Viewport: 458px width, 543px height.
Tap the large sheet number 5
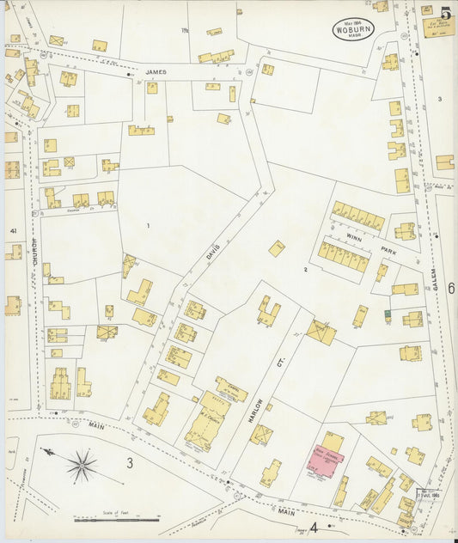pos(446,13)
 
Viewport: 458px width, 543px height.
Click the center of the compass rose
pos(82,467)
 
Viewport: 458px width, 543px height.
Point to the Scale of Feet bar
pos(117,520)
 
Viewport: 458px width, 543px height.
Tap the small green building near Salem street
pos(388,316)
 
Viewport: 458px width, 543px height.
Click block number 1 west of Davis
pos(149,226)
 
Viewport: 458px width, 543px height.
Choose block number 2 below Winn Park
pos(304,270)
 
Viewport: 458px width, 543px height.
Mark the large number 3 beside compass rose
pos(131,464)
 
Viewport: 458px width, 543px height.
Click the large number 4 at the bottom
pos(314,527)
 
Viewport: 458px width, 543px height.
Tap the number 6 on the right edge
pos(451,289)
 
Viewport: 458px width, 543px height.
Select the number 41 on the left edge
pos(13,231)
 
